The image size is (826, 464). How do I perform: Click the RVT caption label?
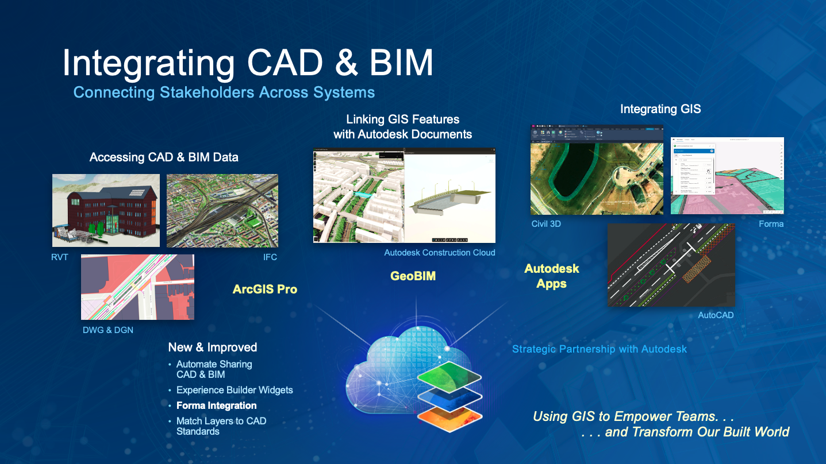tap(60, 257)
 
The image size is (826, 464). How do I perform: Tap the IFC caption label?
tap(270, 257)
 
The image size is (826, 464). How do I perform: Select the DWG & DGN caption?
tap(108, 330)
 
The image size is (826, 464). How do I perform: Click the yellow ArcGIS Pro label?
tap(265, 289)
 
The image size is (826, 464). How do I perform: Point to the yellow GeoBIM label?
tap(413, 276)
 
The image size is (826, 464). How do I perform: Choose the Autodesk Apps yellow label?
tap(551, 276)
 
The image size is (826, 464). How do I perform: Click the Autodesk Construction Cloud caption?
tap(440, 253)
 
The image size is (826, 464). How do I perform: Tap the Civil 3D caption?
tap(546, 224)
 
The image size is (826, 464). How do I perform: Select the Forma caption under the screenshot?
tap(771, 224)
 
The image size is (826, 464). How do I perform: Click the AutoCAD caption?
tap(716, 315)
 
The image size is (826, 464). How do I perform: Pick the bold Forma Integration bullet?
tap(217, 405)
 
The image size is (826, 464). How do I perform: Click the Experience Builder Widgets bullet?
tap(235, 390)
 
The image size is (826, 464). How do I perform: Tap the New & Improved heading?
tap(213, 347)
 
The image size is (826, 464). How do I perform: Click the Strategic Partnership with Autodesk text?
tap(600, 349)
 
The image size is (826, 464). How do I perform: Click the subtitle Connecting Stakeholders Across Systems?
tap(224, 92)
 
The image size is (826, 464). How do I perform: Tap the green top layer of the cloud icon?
tap(448, 377)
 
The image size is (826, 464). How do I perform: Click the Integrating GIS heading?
tap(660, 109)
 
